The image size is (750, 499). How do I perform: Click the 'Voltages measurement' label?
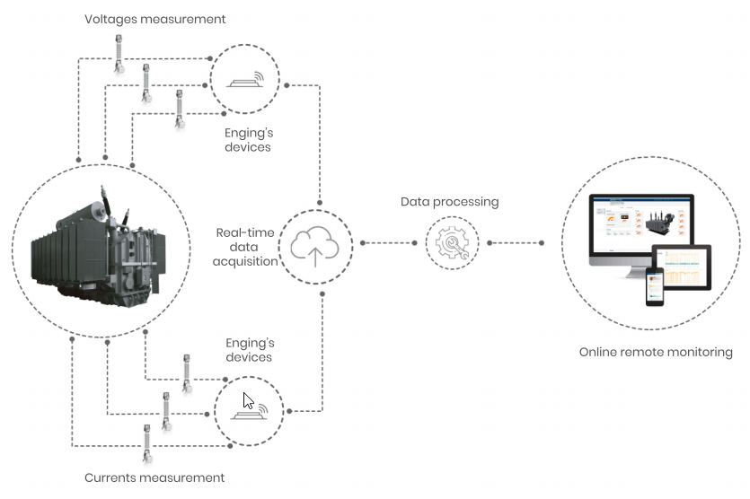click(x=154, y=18)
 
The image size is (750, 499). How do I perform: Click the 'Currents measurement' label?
click(x=154, y=477)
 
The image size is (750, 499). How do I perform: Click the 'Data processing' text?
click(x=449, y=202)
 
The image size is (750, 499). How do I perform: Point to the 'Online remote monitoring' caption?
click(x=656, y=352)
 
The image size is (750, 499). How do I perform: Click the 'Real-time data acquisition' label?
click(x=245, y=247)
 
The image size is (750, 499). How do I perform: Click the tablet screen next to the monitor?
click(x=682, y=269)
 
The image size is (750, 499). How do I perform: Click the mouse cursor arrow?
click(x=249, y=400)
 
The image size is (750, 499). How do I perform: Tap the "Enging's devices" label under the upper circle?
click(x=248, y=139)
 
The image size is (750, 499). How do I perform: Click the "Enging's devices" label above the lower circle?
click(x=248, y=350)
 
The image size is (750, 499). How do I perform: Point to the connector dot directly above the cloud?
click(x=321, y=197)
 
